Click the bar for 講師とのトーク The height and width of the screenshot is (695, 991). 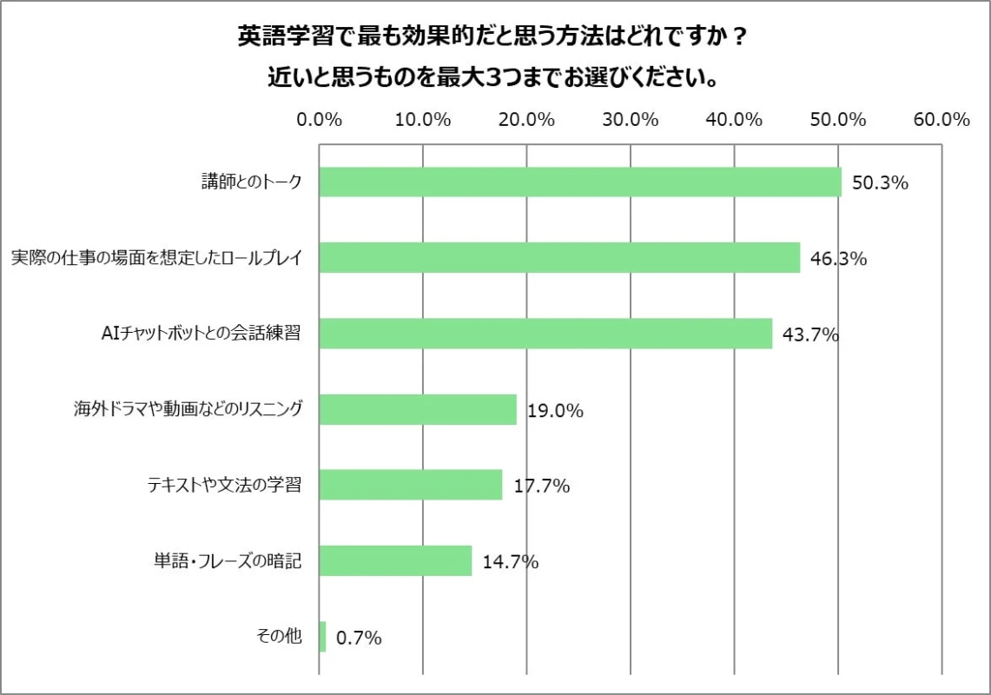pyautogui.click(x=580, y=182)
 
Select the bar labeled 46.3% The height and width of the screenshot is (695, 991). pyautogui.click(x=559, y=257)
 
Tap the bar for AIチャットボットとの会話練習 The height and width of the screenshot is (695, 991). pyautogui.click(x=545, y=333)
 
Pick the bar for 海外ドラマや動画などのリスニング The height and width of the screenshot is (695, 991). pyautogui.click(x=418, y=409)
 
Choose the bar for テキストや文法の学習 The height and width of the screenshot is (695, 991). pyautogui.click(x=411, y=485)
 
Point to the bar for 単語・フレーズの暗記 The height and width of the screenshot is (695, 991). pyautogui.click(x=395, y=560)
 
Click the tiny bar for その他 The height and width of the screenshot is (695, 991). pyautogui.click(x=322, y=637)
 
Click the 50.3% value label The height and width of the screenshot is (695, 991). pyautogui.click(x=880, y=183)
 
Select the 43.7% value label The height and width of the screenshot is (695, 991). pyautogui.click(x=810, y=334)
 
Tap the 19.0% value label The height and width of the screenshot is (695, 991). pyautogui.click(x=555, y=411)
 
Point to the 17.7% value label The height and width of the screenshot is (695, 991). pyautogui.click(x=541, y=486)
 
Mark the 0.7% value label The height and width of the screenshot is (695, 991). pyautogui.click(x=359, y=639)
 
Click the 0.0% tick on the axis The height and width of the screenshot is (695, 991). pyautogui.click(x=319, y=120)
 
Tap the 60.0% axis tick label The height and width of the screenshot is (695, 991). pyautogui.click(x=941, y=120)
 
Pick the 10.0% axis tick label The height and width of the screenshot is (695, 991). pyautogui.click(x=423, y=120)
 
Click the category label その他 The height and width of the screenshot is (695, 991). pyautogui.click(x=279, y=637)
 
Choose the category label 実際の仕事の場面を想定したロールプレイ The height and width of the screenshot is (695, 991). pyautogui.click(x=156, y=258)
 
